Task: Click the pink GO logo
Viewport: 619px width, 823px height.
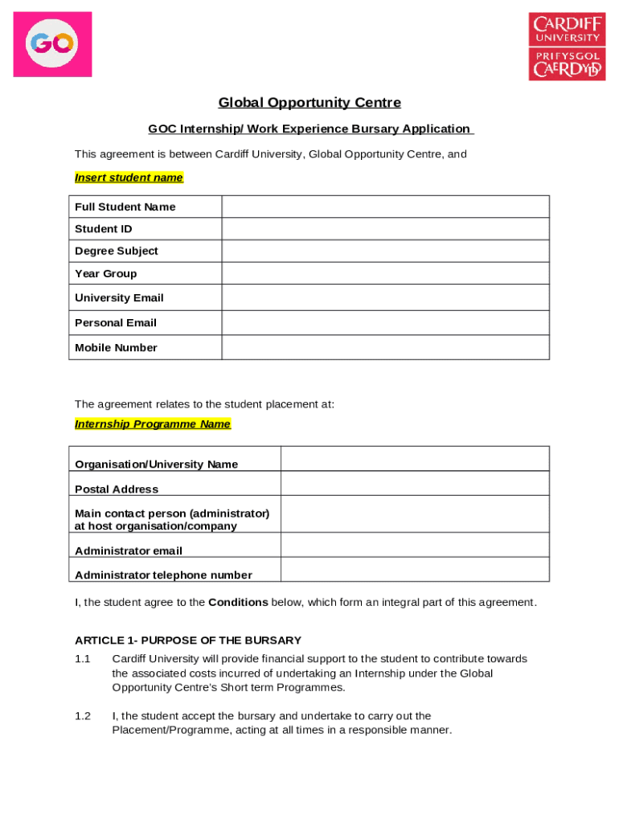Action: tap(52, 44)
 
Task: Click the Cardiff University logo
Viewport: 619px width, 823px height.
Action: tap(567, 46)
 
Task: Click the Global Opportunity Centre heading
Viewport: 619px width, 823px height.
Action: tap(309, 103)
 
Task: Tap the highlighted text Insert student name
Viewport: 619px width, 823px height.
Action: tap(129, 178)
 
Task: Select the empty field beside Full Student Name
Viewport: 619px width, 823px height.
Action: tap(385, 207)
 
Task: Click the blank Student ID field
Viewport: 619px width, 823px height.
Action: tap(385, 229)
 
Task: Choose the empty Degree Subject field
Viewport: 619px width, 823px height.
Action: tap(385, 251)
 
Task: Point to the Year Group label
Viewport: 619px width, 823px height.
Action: tap(106, 273)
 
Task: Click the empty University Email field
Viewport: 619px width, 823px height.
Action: tap(385, 297)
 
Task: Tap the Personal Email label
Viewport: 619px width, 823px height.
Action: tap(116, 322)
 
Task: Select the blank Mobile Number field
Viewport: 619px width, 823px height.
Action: tap(385, 347)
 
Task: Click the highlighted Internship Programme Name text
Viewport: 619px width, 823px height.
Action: tap(153, 424)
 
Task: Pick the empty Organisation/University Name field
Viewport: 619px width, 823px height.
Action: tap(414, 459)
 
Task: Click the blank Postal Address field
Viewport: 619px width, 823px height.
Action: tap(414, 484)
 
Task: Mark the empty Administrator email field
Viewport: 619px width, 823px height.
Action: tap(414, 545)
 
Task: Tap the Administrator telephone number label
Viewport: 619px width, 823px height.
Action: tap(163, 575)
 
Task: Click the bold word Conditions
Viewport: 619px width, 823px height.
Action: tap(238, 603)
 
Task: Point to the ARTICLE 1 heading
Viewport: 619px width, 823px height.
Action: tap(188, 641)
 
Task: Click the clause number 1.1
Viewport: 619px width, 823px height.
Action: tap(83, 659)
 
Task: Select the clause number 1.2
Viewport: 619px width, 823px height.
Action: tap(83, 716)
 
